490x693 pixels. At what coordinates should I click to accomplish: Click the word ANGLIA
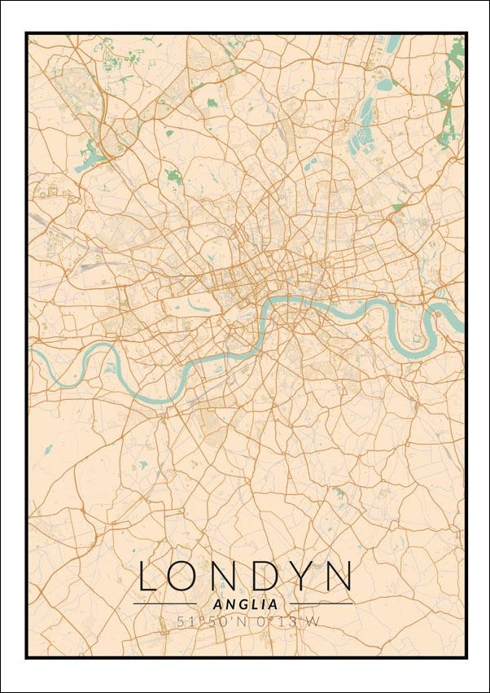[x=244, y=604]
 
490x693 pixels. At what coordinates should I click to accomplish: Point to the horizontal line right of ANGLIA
[x=322, y=604]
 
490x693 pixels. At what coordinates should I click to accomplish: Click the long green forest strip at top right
[x=447, y=106]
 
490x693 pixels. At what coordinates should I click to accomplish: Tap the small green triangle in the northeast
[x=397, y=208]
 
